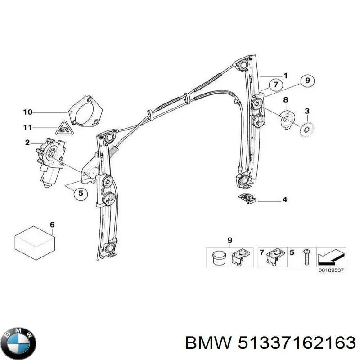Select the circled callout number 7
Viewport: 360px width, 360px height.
pyautogui.click(x=276, y=85)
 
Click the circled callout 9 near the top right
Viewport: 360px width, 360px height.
pyautogui.click(x=307, y=81)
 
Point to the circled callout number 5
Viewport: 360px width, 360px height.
pyautogui.click(x=81, y=193)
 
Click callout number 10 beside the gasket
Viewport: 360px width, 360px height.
pyautogui.click(x=28, y=112)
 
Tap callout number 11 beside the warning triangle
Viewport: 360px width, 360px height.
pyautogui.click(x=28, y=127)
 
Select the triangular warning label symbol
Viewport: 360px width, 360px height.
pyautogui.click(x=64, y=129)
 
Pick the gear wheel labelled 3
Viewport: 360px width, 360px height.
pyautogui.click(x=307, y=130)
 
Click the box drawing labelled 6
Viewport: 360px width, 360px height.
pyautogui.click(x=35, y=243)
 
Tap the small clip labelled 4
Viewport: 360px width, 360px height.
pyautogui.click(x=247, y=198)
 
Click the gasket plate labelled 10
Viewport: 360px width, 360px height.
pyautogui.click(x=85, y=112)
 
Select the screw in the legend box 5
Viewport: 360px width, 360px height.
pyautogui.click(x=306, y=257)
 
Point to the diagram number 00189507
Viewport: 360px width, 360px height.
pyautogui.click(x=331, y=270)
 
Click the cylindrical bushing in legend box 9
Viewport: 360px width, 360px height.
pyautogui.click(x=219, y=258)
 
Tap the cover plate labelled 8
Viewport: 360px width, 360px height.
pyautogui.click(x=287, y=119)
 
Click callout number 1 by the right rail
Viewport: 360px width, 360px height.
pyautogui.click(x=285, y=76)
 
